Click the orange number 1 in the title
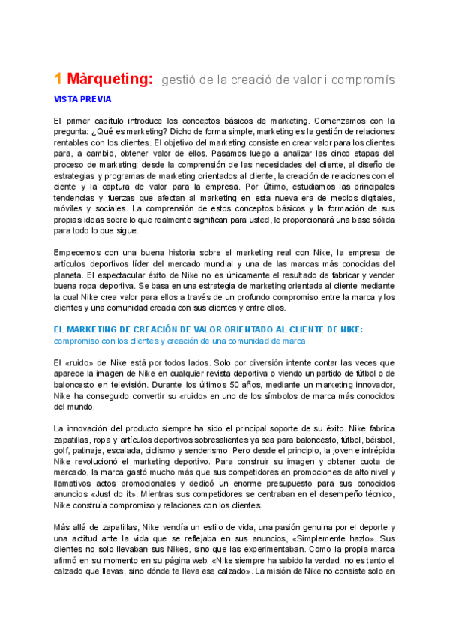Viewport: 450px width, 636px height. (58, 79)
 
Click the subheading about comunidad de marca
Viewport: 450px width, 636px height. (179, 340)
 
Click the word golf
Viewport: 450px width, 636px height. (61, 451)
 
